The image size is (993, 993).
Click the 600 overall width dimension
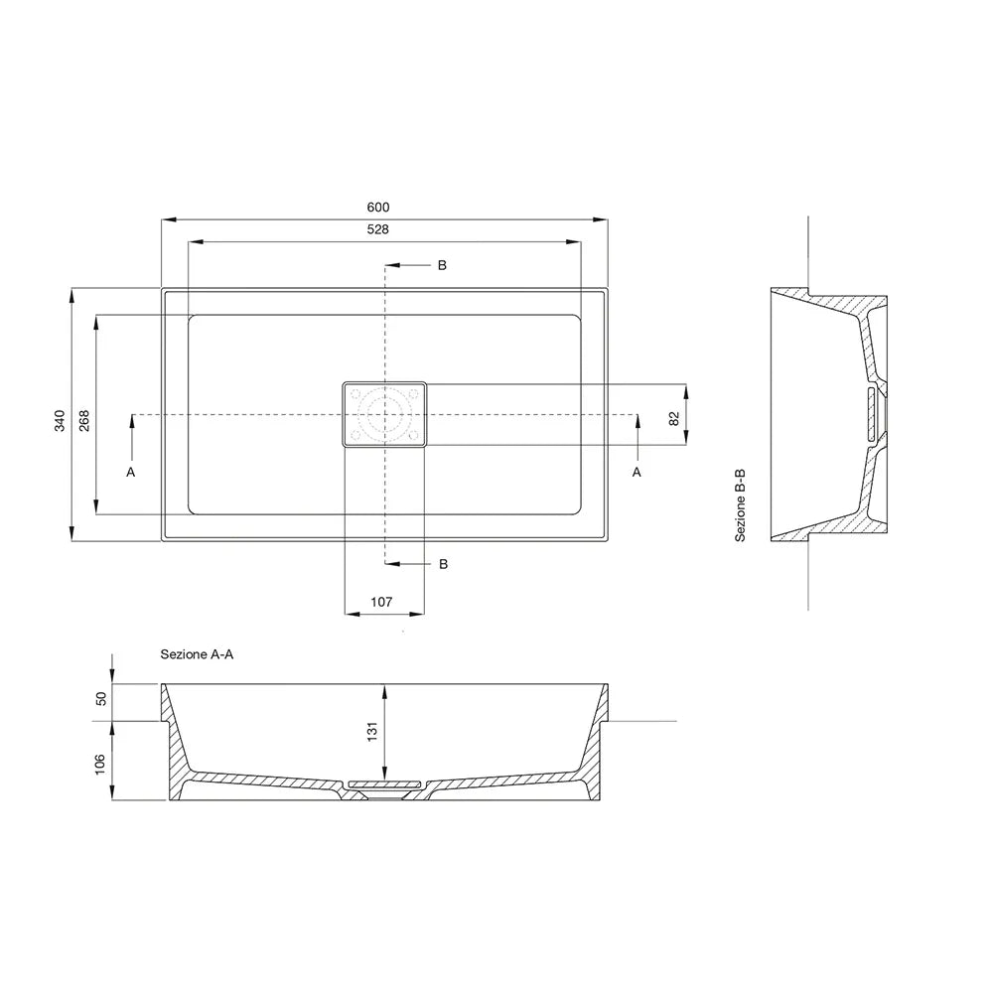[x=378, y=208]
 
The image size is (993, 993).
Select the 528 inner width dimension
[x=378, y=229]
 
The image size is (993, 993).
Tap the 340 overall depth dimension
[x=60, y=421]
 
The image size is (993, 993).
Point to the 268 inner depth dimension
[x=84, y=421]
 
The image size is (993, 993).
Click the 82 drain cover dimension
[x=674, y=419]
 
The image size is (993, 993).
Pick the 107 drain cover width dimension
[x=381, y=602]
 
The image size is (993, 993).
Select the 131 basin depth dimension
[x=372, y=731]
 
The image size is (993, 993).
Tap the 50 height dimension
[x=101, y=698]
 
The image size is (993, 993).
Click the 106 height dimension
[x=100, y=764]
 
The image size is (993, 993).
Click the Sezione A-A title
[x=197, y=654]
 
